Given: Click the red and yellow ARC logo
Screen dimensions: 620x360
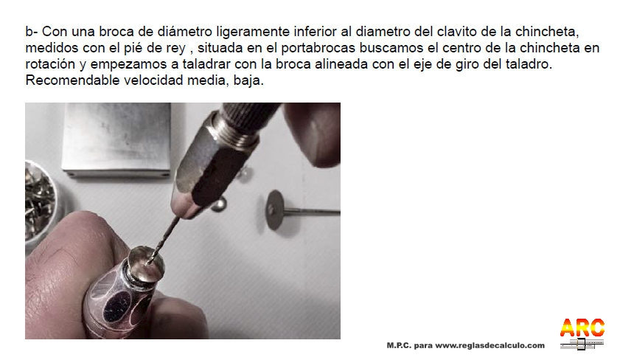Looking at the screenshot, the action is click(x=582, y=328).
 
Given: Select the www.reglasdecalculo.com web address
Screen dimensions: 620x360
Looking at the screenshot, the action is click(x=490, y=345).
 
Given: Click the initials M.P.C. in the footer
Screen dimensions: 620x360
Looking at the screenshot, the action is click(x=399, y=345).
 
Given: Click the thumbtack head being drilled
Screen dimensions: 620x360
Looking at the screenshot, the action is click(x=146, y=263).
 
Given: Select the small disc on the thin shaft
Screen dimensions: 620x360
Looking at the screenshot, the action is click(x=275, y=210).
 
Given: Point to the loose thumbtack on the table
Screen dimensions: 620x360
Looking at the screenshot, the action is click(x=219, y=204).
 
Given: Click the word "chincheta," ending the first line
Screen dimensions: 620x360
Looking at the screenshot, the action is click(x=547, y=32).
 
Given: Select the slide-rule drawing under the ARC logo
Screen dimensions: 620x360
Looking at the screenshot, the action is click(x=582, y=343).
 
